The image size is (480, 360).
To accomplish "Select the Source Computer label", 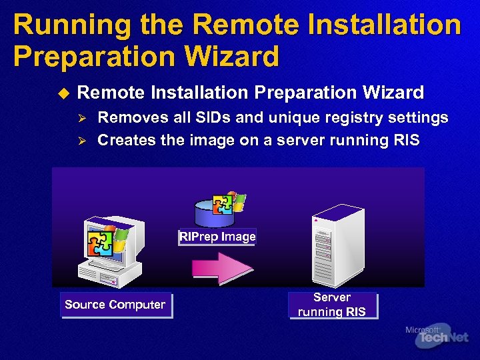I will (115, 305).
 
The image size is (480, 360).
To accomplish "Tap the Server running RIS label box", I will (332, 305).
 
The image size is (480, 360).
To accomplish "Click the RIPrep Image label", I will (217, 237).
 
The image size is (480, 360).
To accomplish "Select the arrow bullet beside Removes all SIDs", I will (83, 119).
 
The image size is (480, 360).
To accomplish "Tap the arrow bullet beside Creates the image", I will (83, 141).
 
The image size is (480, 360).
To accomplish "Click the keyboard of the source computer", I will (100, 273).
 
